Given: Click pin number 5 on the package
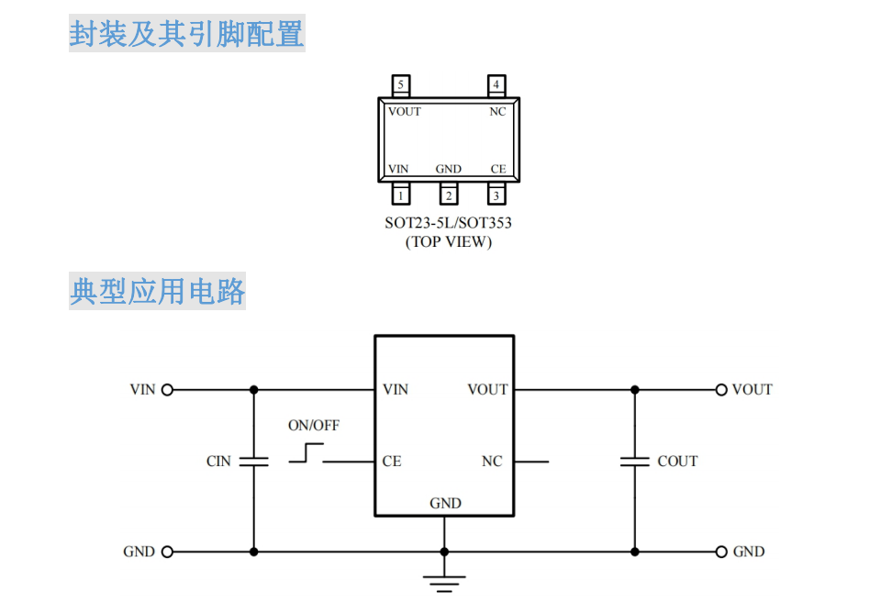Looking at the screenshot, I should (x=401, y=85).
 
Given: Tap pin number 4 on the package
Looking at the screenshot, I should (x=496, y=85).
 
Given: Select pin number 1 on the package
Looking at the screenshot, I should (x=401, y=195).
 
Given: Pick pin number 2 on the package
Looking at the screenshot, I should (x=449, y=195).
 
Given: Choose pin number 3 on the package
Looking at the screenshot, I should (x=496, y=195).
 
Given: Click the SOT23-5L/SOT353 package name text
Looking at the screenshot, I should (x=448, y=223).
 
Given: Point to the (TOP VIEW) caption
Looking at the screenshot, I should (x=448, y=242).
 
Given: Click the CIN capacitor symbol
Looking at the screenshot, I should (x=253, y=461).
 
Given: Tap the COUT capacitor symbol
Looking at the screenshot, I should (x=634, y=461).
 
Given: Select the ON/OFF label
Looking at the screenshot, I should (x=314, y=426).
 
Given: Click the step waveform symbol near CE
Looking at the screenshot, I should (x=307, y=452).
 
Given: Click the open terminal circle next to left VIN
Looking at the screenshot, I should (x=167, y=389).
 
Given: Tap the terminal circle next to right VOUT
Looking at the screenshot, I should (x=721, y=389).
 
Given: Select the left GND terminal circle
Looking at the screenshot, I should (x=167, y=552).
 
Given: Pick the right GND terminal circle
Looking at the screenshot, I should (x=721, y=552).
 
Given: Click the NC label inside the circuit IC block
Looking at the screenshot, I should (x=492, y=462).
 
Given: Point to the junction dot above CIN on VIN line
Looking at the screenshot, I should (x=253, y=389).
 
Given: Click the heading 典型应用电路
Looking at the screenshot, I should (x=158, y=293).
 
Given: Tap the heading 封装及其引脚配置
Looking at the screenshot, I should (x=186, y=35).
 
